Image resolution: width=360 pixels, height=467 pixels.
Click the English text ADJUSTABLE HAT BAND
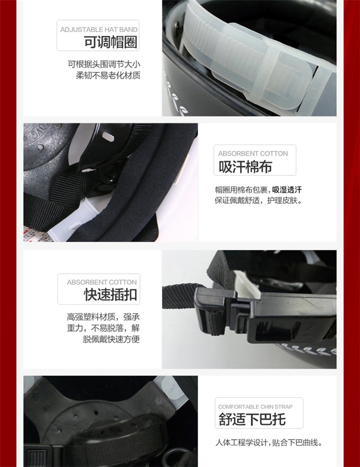pyautogui.click(x=99, y=29)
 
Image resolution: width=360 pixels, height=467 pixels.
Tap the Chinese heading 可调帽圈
pyautogui.click(x=111, y=42)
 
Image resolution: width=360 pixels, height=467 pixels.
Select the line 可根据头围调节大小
pyautogui.click(x=104, y=64)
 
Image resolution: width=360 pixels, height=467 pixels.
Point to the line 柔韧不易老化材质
pyautogui.click(x=108, y=75)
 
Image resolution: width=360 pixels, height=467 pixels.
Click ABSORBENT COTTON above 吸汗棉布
pyautogui.click(x=253, y=153)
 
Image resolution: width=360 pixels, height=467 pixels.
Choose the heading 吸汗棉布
pyautogui.click(x=245, y=167)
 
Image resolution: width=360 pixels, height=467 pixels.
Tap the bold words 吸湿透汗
pyautogui.click(x=287, y=189)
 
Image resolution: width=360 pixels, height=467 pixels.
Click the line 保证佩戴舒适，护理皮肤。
pyautogui.click(x=259, y=200)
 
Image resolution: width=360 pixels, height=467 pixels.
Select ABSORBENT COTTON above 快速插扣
pyautogui.click(x=102, y=282)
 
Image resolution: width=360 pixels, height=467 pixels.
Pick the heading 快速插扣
pyautogui.click(x=110, y=295)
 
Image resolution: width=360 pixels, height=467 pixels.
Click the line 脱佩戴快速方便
pyautogui.click(x=111, y=339)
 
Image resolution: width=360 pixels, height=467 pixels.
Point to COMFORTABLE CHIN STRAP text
pyautogui.click(x=255, y=406)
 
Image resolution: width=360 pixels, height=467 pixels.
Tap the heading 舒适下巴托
pyautogui.click(x=252, y=419)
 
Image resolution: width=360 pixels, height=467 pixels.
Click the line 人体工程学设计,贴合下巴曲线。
pyautogui.click(x=269, y=442)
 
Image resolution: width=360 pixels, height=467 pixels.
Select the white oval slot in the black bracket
pyautogui.click(x=108, y=137)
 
